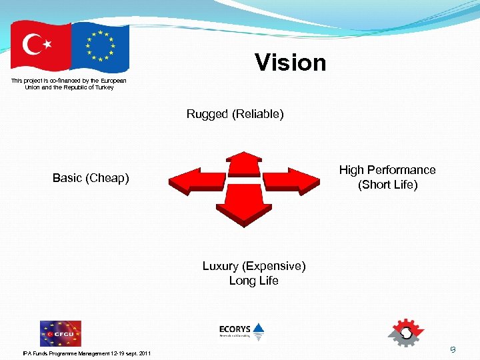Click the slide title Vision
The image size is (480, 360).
tap(291, 63)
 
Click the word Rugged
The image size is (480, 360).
tap(207, 114)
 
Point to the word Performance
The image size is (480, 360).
tap(401, 170)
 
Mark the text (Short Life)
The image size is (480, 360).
tap(387, 185)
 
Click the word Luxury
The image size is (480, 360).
tap(221, 266)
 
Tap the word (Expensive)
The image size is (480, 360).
tap(274, 266)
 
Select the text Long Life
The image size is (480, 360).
tap(253, 281)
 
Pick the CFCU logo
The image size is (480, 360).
tap(60, 333)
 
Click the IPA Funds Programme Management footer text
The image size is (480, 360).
tap(87, 353)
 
